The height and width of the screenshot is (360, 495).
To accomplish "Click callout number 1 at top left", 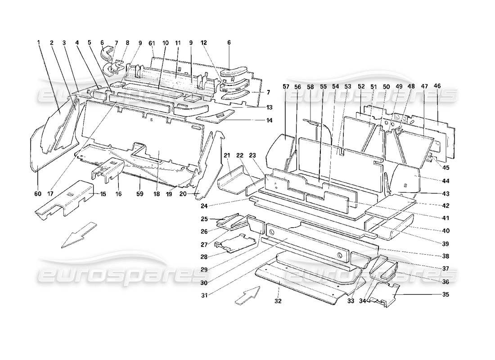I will tap(39, 43).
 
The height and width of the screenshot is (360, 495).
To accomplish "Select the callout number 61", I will tap(152, 43).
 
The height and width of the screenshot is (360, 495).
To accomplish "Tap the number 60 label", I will tap(37, 194).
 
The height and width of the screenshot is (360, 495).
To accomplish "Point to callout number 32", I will tap(278, 301).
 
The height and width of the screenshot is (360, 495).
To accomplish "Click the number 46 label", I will tap(437, 86).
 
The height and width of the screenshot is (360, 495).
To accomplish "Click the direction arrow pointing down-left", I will tap(79, 234).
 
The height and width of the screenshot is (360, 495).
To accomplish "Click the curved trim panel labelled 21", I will tap(234, 180).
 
